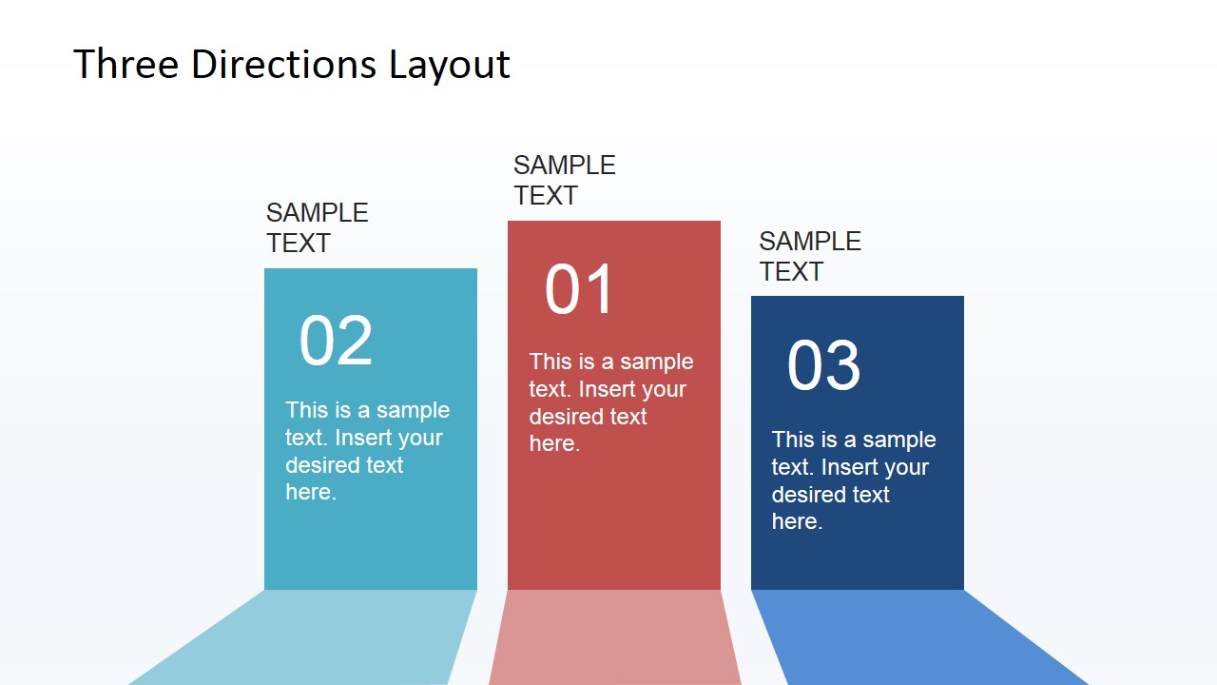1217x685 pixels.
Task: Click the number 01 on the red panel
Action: [580, 289]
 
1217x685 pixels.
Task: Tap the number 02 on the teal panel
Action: [336, 341]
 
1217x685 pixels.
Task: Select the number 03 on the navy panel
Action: [823, 366]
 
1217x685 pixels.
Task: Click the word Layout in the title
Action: [449, 66]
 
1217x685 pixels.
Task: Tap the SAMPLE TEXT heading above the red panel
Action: [564, 180]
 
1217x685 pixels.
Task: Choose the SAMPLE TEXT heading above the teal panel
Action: [317, 227]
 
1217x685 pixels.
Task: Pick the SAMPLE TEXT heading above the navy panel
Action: [809, 256]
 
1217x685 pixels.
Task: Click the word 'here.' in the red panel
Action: [554, 443]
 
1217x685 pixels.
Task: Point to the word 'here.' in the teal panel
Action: [311, 492]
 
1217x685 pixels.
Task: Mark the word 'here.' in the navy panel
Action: [797, 521]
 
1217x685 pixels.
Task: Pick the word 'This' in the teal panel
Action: [306, 410]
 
